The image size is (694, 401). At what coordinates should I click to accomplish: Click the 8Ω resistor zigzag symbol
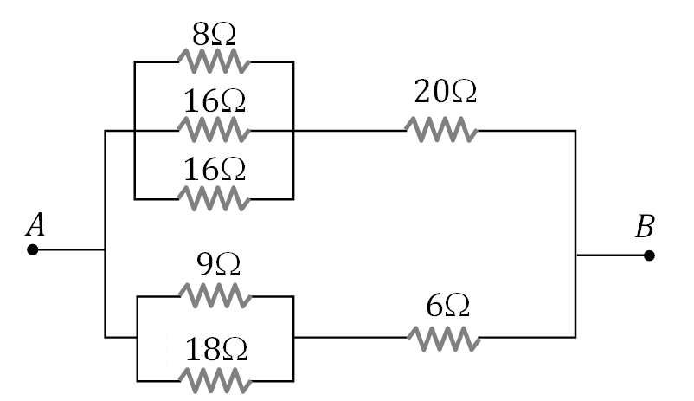click(214, 62)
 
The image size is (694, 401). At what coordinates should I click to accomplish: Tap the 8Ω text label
click(214, 36)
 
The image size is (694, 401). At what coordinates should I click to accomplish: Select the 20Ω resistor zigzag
click(440, 131)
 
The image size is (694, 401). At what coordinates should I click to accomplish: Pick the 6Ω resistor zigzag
click(440, 338)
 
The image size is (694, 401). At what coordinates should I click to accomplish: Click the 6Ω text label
click(448, 305)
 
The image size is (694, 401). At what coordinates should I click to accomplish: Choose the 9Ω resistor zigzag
click(214, 296)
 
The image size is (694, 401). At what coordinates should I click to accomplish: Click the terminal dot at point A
click(32, 250)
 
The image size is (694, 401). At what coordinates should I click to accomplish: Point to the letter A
click(35, 225)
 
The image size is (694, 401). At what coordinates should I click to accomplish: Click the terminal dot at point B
click(649, 255)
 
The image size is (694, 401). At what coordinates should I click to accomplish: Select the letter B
click(645, 229)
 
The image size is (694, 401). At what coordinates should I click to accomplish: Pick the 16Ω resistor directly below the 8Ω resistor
click(214, 131)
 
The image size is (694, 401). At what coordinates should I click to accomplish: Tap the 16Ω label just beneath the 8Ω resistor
click(214, 102)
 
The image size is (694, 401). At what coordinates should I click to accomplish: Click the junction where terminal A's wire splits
click(105, 250)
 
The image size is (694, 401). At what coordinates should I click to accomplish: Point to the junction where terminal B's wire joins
click(576, 255)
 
